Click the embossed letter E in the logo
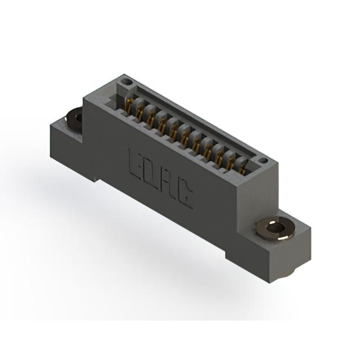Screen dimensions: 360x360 [x=137, y=166]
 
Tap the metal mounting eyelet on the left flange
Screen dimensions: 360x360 [x=74, y=120]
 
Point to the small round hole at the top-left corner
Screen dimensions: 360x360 [x=125, y=81]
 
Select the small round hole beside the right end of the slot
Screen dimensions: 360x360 [x=263, y=160]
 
